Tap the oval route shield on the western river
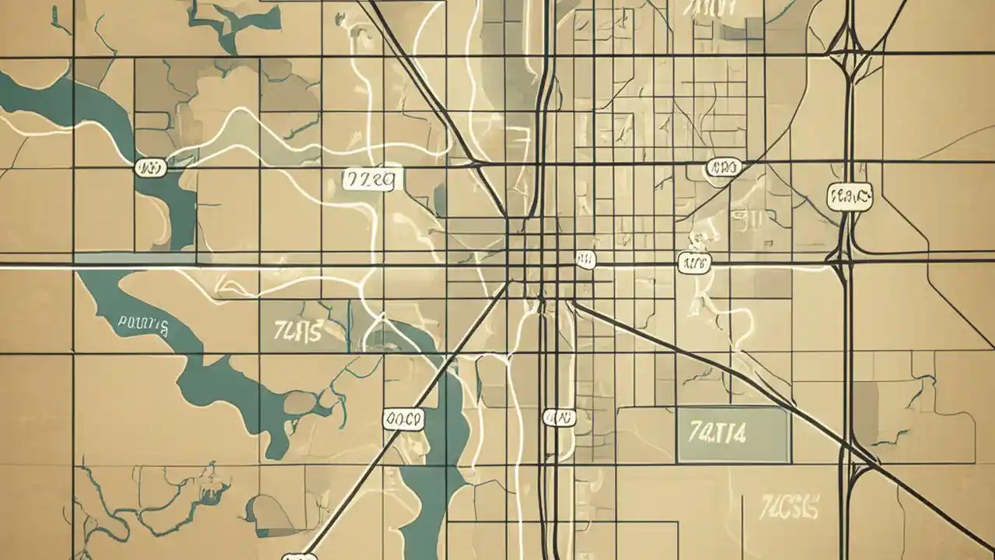coord(150,167)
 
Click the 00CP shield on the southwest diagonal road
coord(403,420)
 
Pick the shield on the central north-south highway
coord(560,418)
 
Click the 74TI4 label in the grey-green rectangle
coord(717,432)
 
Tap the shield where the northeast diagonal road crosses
coord(724,167)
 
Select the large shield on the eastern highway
coord(850,197)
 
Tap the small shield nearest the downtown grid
coord(585,260)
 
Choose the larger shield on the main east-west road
coord(694,263)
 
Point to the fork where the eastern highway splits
coord(848,58)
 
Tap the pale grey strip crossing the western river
coord(136,257)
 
